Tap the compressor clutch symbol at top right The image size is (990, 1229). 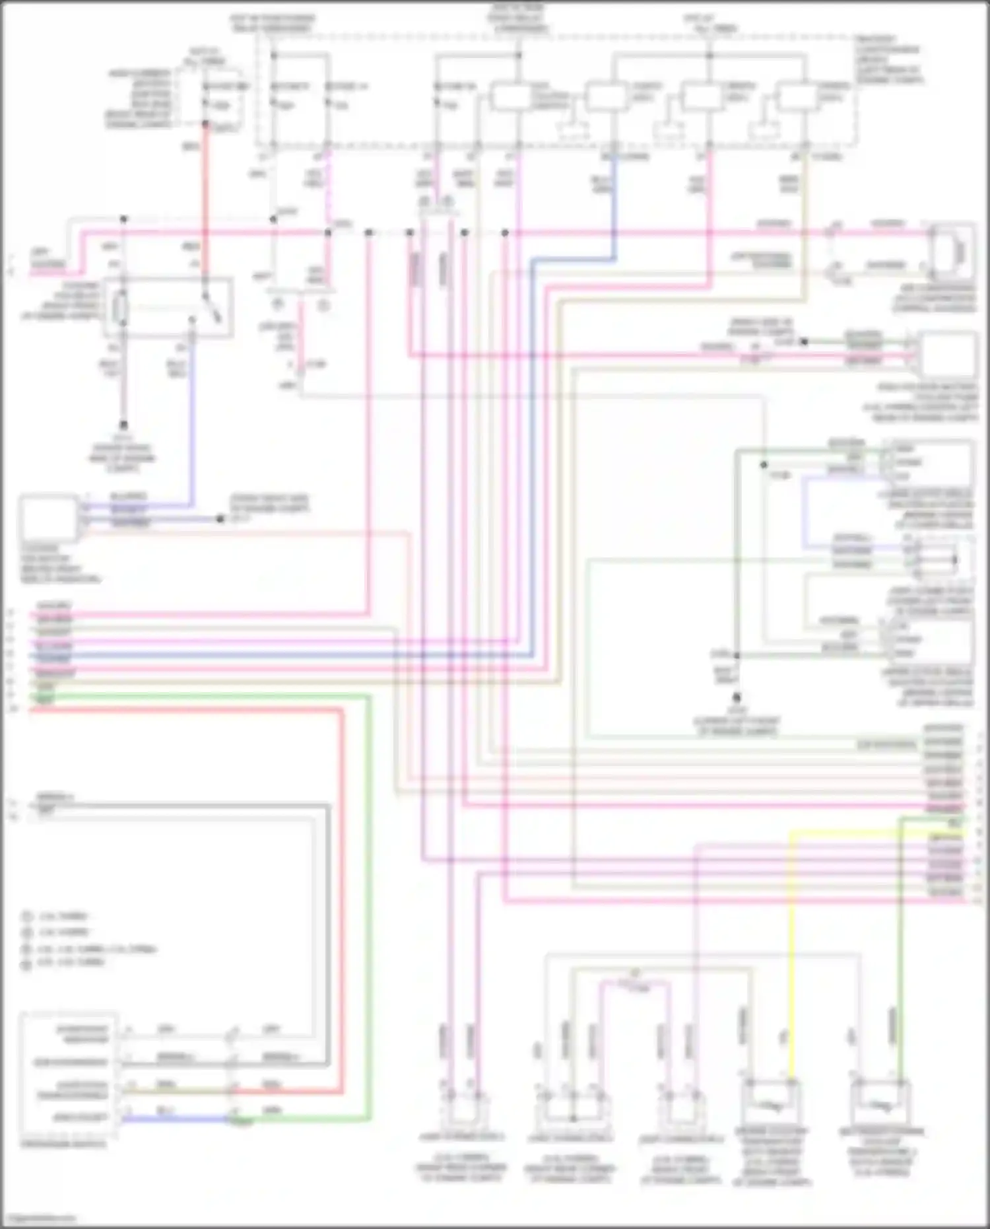[x=957, y=251]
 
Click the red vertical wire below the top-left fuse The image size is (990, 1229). [x=205, y=198]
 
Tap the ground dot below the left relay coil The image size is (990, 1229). [x=123, y=425]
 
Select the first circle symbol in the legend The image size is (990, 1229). [x=27, y=917]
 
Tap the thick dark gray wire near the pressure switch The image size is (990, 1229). [x=328, y=925]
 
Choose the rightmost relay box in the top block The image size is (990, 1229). [x=797, y=97]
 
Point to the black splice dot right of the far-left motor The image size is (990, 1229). [x=220, y=519]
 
